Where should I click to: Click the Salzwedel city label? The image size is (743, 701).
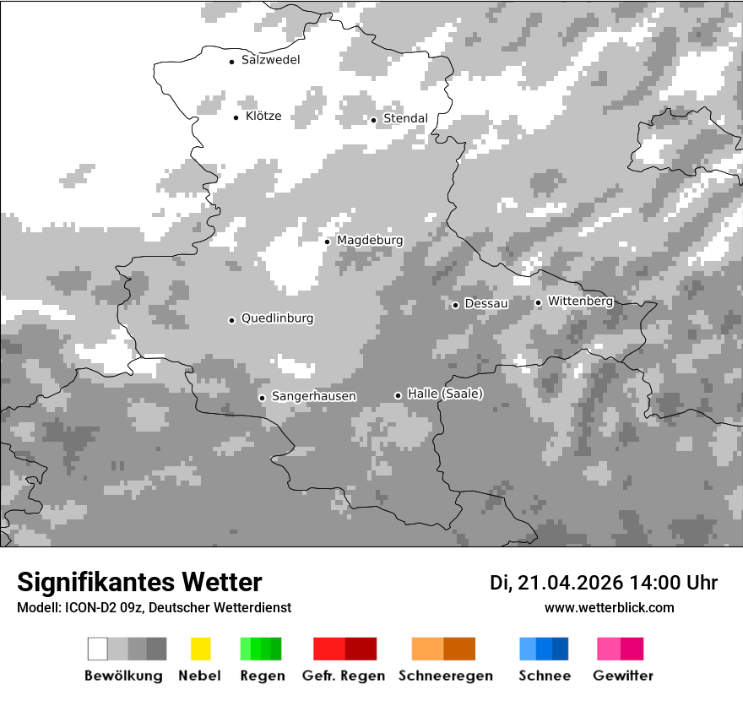tap(270, 60)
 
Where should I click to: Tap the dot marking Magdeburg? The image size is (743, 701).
tap(327, 242)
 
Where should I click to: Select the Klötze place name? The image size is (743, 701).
tap(263, 117)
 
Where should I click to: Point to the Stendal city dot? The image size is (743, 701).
tap(373, 119)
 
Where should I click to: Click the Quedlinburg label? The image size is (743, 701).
tap(277, 318)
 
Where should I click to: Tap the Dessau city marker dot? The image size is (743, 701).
tap(455, 304)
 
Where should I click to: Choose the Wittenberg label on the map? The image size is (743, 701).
tap(580, 302)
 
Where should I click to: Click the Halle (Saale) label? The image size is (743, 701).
tap(445, 394)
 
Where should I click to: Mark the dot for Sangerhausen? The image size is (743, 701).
tap(262, 397)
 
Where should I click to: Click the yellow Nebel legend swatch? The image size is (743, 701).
tap(200, 649)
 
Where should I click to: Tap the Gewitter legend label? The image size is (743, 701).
tap(622, 676)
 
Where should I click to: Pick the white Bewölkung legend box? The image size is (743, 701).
tap(98, 649)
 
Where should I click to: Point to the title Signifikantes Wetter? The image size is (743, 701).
tap(139, 583)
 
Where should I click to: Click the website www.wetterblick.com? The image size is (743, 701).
tap(609, 608)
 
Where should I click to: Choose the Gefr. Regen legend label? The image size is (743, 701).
tap(343, 676)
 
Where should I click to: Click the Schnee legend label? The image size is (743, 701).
tap(544, 676)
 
